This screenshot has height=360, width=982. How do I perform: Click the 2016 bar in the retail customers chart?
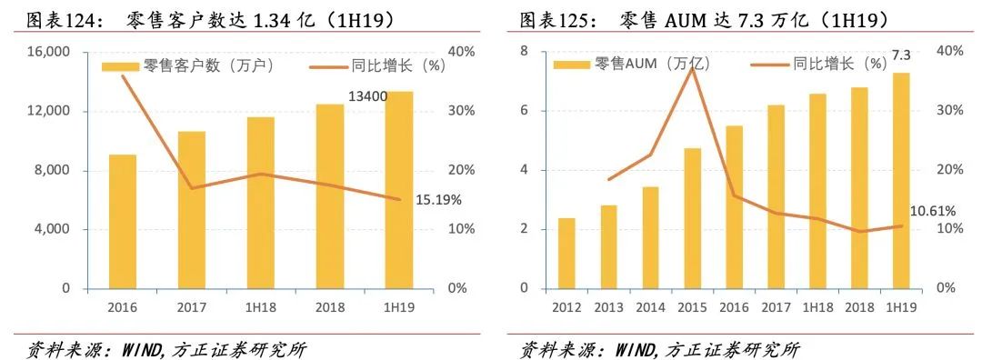[x=123, y=222]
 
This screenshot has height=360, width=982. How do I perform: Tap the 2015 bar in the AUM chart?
[x=693, y=218]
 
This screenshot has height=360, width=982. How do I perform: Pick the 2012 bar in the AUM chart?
[x=566, y=254]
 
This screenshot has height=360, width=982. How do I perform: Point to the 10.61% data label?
[x=932, y=212]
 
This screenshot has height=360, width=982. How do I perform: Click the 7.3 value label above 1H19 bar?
[x=900, y=56]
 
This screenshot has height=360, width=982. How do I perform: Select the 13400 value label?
[x=368, y=96]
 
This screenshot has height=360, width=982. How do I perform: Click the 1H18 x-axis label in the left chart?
[x=261, y=307]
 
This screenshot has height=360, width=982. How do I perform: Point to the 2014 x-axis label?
[x=650, y=307]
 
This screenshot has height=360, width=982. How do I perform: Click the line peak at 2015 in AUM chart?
[x=693, y=68]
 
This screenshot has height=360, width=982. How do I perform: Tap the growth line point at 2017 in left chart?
[x=192, y=188]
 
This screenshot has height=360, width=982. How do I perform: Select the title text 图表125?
[x=554, y=19]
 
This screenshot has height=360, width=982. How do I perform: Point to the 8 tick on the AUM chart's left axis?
[x=524, y=52]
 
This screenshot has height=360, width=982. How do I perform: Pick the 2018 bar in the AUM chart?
[x=858, y=188]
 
